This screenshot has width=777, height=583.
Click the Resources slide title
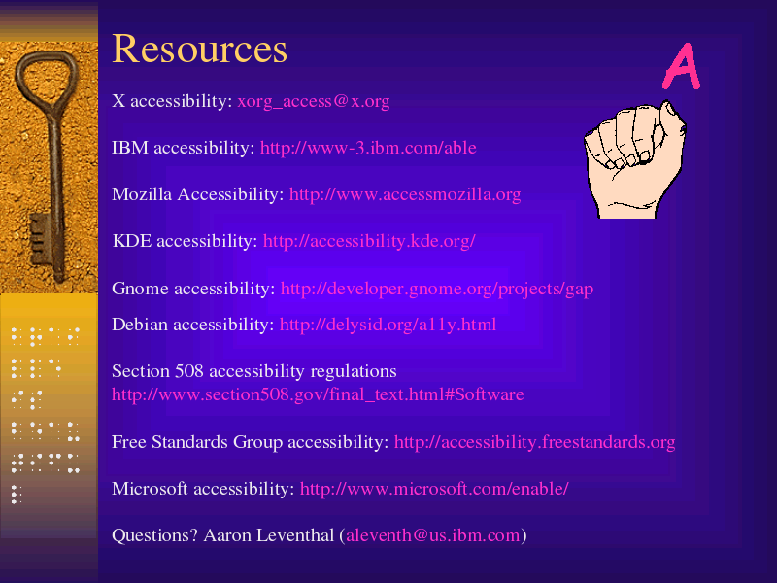tap(200, 49)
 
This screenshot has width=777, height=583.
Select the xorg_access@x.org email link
tap(313, 102)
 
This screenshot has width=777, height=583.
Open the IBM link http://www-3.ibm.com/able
tap(368, 148)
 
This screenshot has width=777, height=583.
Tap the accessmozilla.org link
tap(405, 194)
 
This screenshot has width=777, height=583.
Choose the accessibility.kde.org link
tap(369, 241)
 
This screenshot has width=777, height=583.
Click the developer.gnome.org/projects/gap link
tap(436, 289)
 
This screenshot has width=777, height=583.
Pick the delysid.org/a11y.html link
tap(388, 325)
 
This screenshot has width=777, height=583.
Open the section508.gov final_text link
tap(318, 394)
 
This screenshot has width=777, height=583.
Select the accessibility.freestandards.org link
tap(535, 442)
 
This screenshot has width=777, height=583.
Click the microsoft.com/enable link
tap(434, 489)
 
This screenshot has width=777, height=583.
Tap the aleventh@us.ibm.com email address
tap(432, 535)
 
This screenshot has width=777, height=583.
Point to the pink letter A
tap(682, 66)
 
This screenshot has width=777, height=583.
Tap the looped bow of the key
tap(48, 75)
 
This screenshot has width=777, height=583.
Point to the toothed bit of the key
tap(41, 239)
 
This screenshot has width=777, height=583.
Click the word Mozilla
tap(142, 194)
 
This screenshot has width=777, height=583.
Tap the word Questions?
tap(154, 535)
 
